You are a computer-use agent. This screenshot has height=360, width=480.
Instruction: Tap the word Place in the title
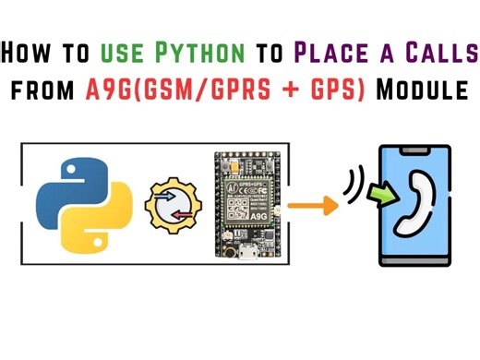(329, 54)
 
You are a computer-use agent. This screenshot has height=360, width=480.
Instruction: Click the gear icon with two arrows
(174, 205)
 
